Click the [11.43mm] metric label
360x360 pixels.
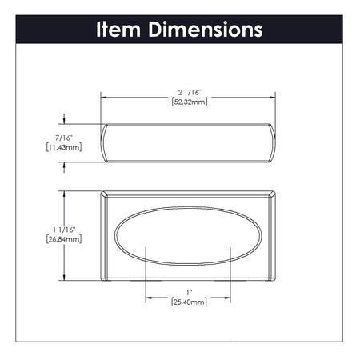62,148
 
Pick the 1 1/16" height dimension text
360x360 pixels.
64,230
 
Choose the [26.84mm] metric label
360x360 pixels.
64,239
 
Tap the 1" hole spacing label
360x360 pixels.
190,292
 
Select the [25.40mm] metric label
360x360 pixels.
190,302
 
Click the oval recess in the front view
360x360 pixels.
190,238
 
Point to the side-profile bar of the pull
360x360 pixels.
189,142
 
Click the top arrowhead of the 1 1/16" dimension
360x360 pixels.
64,194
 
